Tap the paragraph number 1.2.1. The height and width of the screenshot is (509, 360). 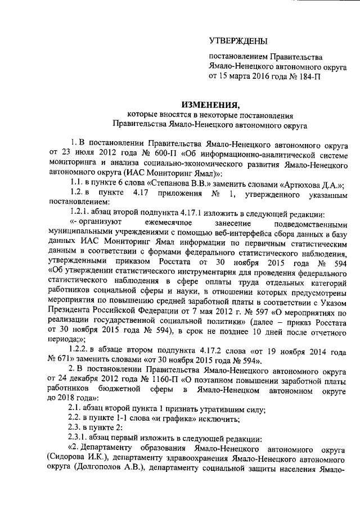(x=75, y=213)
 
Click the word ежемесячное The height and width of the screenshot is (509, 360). (x=155, y=223)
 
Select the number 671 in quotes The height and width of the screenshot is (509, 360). (x=58, y=360)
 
